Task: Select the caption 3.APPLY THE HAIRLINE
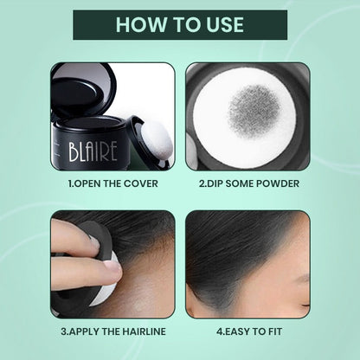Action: [112, 330]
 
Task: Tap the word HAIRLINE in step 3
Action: [142, 330]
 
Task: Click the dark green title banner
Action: [180, 24]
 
